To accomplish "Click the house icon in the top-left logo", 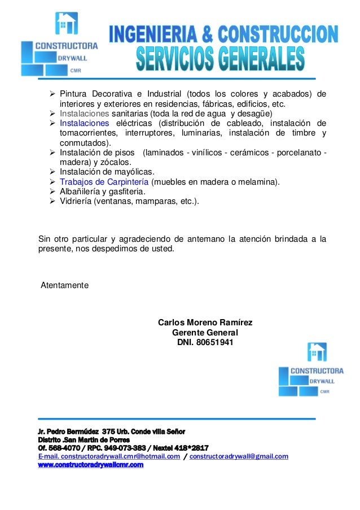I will (67, 24).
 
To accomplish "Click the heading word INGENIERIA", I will (154, 35).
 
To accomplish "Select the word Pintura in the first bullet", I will (74, 93).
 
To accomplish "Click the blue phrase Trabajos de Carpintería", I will (104, 181).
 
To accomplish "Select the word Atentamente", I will (65, 285).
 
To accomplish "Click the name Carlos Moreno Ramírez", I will (205, 322).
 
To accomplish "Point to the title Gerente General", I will (205, 333).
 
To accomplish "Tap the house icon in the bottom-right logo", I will (317, 352).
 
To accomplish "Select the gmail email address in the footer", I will (239, 456).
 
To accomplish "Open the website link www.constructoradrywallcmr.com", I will (90, 465).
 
